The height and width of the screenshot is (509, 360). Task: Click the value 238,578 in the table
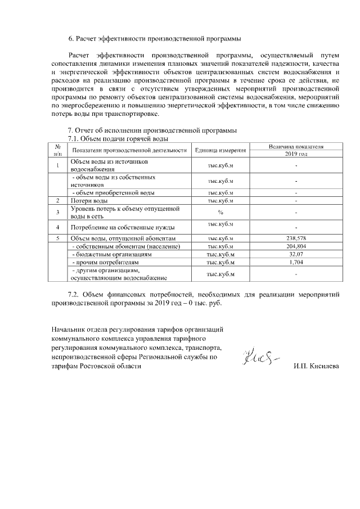(296, 238)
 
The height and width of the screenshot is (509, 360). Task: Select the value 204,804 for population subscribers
(296, 246)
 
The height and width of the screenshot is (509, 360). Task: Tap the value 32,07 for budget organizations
(296, 254)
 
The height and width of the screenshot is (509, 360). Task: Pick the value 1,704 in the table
(296, 262)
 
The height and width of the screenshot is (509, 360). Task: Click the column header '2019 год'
(296, 154)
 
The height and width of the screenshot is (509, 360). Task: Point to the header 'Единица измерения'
(220, 150)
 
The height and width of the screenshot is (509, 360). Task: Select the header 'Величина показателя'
(296, 146)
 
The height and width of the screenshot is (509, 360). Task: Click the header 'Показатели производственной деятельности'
(129, 150)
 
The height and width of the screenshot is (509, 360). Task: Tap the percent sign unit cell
(220, 212)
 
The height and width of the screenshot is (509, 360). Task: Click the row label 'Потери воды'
(89, 200)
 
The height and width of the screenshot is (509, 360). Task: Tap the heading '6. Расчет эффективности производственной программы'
(155, 39)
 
